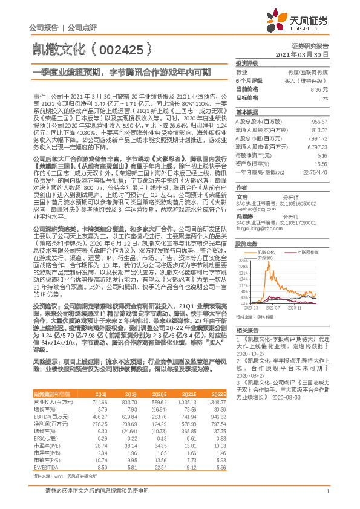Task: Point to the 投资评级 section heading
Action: point(247,63)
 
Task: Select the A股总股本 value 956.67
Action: point(318,122)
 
